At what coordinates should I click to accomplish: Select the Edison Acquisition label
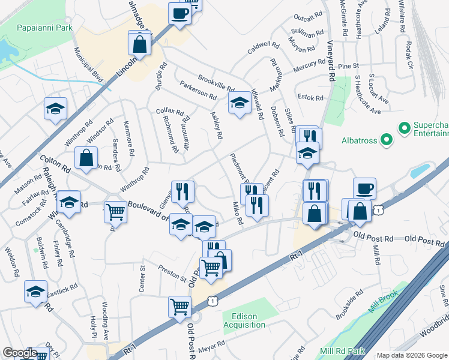[244, 320]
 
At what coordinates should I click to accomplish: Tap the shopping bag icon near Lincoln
[139, 44]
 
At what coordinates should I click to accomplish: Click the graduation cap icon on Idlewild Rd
[240, 103]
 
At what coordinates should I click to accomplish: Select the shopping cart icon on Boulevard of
[115, 211]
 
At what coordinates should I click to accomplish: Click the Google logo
[20, 353]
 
